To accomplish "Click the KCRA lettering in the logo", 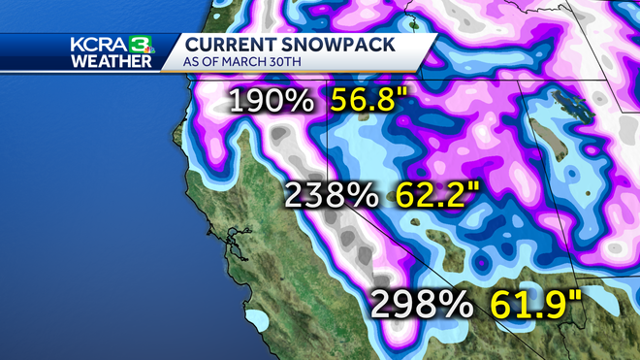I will point(97,46).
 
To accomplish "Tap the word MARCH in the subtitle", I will point(251,62).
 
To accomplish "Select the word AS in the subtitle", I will point(192,62).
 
